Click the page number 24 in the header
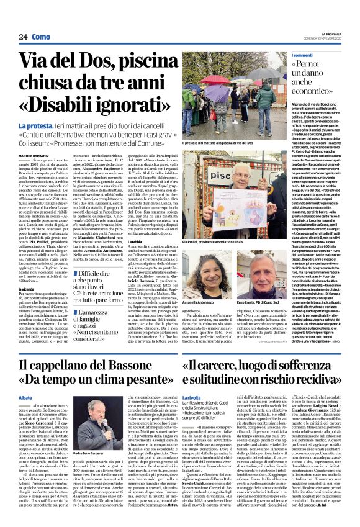22,37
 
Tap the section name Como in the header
41,37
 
